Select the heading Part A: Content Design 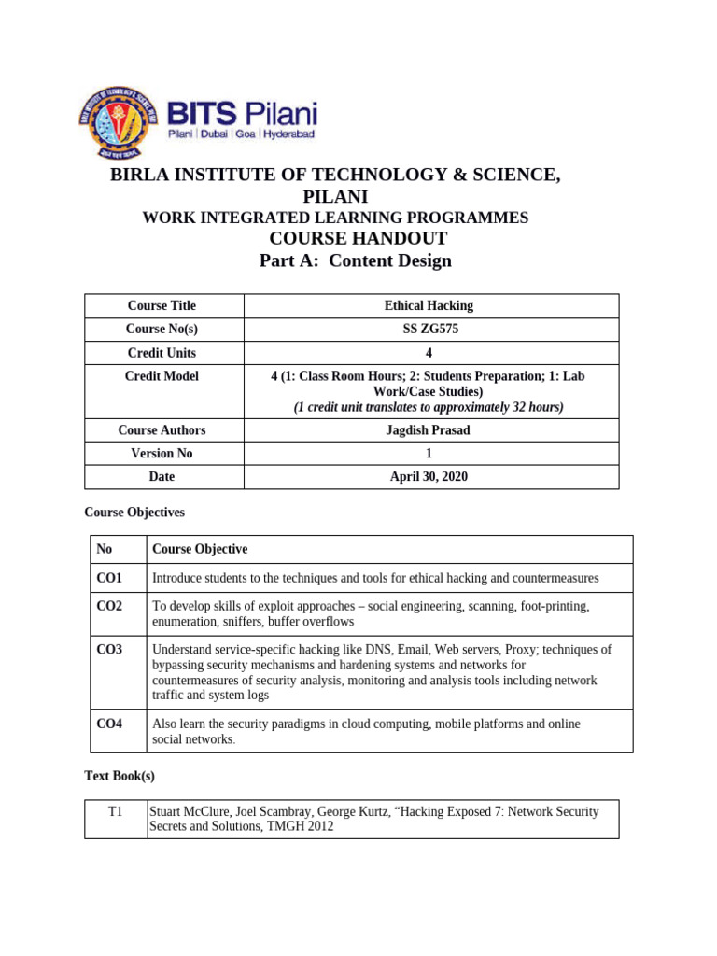click(355, 260)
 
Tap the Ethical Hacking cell click(429, 306)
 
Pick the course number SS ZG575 click(429, 330)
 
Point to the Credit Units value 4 click(429, 353)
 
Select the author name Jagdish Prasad click(429, 430)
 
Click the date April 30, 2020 click(429, 476)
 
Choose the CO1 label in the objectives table click(109, 579)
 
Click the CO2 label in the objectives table click(109, 607)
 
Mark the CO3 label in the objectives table click(109, 649)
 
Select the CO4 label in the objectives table click(109, 724)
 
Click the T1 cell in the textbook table click(116, 812)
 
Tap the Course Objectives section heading click(134, 513)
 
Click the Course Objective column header click(200, 549)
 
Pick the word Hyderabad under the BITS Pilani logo click(289, 134)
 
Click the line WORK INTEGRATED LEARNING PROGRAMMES click(335, 218)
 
